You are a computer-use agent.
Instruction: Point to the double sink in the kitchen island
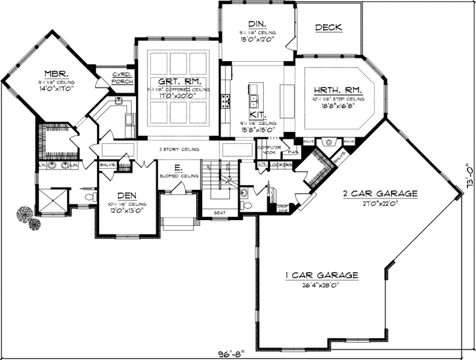tap(253, 101)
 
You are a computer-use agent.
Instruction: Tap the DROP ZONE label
tap(284, 208)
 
